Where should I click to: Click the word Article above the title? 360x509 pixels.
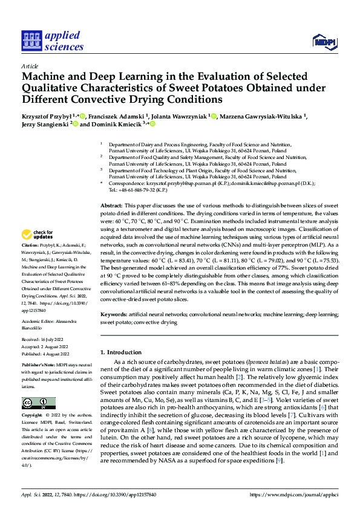pyautogui.click(x=30, y=66)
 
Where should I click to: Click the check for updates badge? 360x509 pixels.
pyautogui.click(x=38, y=235)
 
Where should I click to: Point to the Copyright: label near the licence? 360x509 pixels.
pyautogui.click(x=32, y=416)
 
